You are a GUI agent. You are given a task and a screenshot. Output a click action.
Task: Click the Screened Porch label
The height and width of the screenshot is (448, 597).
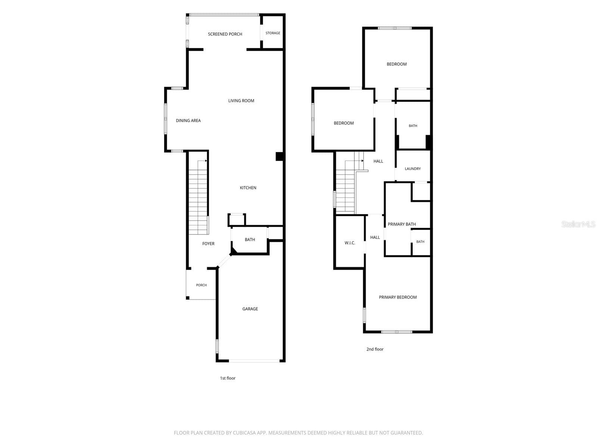[x=225, y=34]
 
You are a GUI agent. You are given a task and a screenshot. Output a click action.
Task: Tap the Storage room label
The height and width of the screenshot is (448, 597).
[x=272, y=33]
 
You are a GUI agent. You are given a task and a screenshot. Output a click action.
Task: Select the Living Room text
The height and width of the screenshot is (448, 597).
[x=241, y=101]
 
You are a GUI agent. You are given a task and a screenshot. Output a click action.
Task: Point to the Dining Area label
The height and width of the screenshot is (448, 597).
[x=188, y=121]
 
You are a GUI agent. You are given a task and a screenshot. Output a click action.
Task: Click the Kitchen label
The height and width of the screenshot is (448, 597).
[x=248, y=188]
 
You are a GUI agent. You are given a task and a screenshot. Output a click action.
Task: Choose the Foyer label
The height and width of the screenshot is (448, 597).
[x=208, y=243]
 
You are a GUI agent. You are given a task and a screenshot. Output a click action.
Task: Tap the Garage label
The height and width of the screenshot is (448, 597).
[x=250, y=309]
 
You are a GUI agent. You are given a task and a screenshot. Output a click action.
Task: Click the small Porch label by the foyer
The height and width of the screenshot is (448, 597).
[x=201, y=285]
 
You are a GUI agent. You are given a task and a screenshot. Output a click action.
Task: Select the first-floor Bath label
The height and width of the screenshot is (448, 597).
[x=250, y=239]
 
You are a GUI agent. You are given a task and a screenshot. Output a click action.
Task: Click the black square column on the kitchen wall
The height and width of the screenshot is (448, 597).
[x=279, y=156]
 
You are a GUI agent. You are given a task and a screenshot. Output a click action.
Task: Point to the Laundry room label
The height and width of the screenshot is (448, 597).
[x=412, y=169]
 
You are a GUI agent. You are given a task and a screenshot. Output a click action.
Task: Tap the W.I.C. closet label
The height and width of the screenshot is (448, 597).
[x=350, y=243]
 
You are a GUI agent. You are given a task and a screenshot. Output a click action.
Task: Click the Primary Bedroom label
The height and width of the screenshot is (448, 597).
[x=398, y=297]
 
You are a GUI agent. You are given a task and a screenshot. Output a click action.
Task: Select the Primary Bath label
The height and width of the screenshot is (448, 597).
[x=401, y=224]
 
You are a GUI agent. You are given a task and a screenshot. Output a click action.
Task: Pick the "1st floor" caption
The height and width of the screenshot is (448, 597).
[x=227, y=378]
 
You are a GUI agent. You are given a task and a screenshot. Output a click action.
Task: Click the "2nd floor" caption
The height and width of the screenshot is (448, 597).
[x=375, y=349]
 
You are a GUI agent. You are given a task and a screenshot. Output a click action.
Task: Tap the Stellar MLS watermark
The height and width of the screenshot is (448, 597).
[x=578, y=224]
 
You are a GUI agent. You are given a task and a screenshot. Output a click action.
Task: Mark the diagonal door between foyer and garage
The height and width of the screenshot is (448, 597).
[x=224, y=261]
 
